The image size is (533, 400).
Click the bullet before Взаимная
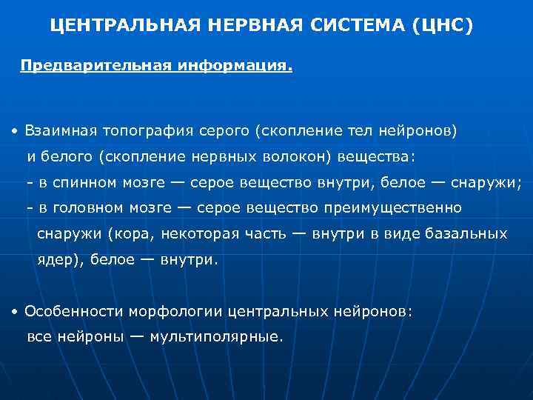(15, 132)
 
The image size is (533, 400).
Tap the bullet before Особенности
(15, 312)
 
